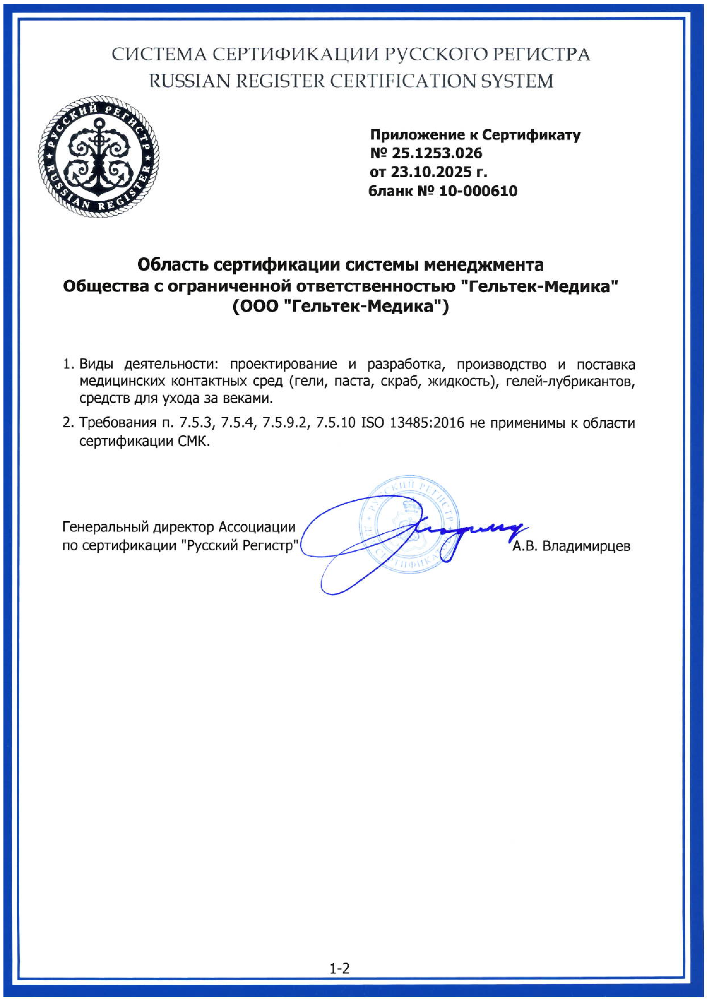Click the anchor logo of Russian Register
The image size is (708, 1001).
tap(98, 158)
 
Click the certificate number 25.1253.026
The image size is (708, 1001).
tap(437, 153)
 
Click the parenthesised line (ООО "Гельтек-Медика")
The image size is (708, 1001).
tap(340, 307)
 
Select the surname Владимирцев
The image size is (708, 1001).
tap(586, 546)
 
